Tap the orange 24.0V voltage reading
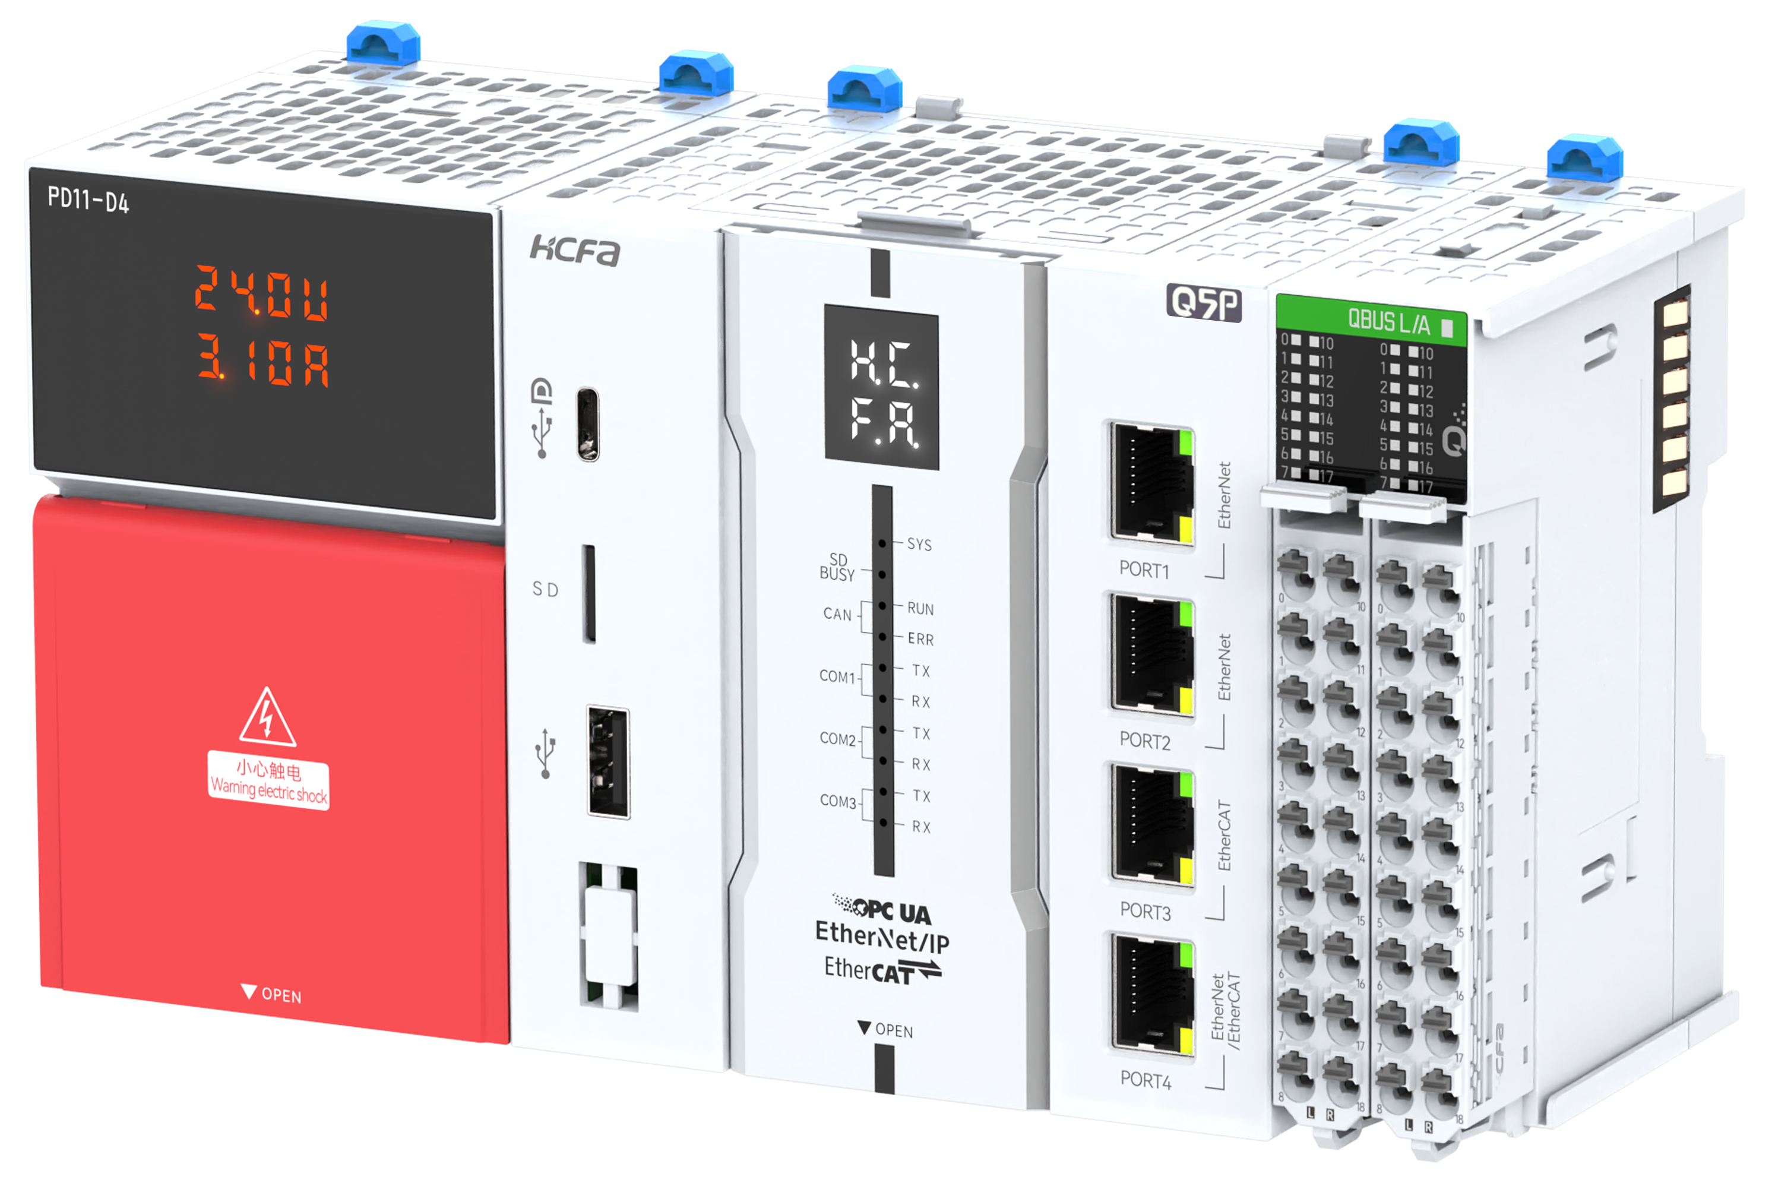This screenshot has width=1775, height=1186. [x=261, y=294]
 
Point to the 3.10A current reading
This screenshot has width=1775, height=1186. [x=263, y=361]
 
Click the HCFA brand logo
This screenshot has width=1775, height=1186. [x=574, y=249]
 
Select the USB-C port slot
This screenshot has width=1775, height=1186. [x=588, y=424]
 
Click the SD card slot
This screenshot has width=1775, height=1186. [x=588, y=594]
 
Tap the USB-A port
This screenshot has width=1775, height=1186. [x=608, y=763]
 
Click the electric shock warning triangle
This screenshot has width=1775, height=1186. [x=267, y=719]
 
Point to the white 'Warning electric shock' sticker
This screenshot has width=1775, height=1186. [x=268, y=780]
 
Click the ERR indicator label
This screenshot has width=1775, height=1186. [x=920, y=640]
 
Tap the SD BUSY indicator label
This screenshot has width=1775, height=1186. [x=837, y=567]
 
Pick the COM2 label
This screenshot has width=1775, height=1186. [x=838, y=739]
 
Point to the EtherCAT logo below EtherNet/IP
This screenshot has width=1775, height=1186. [x=882, y=970]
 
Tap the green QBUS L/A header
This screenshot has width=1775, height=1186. [x=1371, y=321]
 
